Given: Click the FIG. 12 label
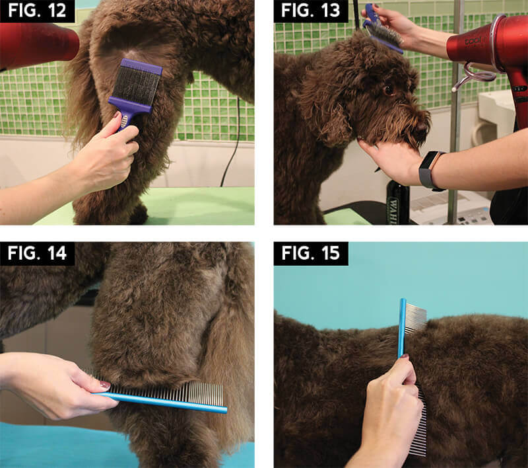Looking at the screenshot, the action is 37,11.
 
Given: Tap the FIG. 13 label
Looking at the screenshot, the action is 310,11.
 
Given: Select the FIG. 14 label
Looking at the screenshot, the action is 37,253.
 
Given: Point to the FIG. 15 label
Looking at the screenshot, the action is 310,253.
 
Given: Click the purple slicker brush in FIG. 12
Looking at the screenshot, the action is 135,91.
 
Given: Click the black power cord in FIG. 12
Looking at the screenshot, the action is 232,141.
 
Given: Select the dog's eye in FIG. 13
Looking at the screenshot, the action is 389,90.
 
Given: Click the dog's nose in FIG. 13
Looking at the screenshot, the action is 422,127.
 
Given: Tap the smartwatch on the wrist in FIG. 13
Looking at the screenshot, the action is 430,171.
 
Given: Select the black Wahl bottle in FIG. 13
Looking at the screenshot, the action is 398,202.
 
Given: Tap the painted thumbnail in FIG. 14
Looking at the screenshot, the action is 105,384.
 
